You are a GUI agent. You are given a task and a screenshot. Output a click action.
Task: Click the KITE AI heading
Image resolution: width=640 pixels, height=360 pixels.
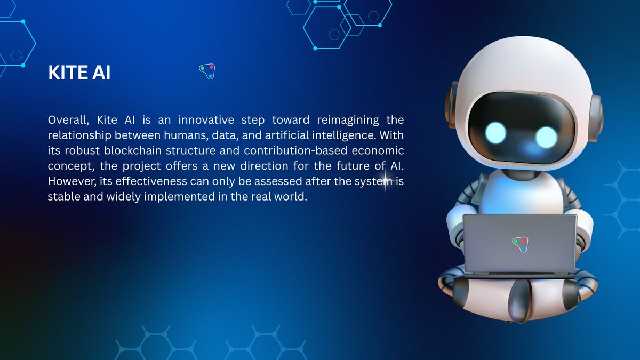pos(79,73)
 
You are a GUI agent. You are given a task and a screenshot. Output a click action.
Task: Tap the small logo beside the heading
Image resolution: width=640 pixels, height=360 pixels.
pos(207,71)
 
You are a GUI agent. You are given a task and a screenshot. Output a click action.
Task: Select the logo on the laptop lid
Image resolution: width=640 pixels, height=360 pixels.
pos(520,244)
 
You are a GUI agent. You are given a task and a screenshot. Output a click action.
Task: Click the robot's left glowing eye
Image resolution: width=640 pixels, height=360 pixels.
pos(495,133)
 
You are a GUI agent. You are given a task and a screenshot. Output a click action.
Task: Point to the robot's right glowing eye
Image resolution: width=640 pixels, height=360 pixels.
pos(547,136)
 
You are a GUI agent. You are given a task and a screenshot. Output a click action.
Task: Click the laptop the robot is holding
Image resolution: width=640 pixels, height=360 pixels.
pos(519,245)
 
